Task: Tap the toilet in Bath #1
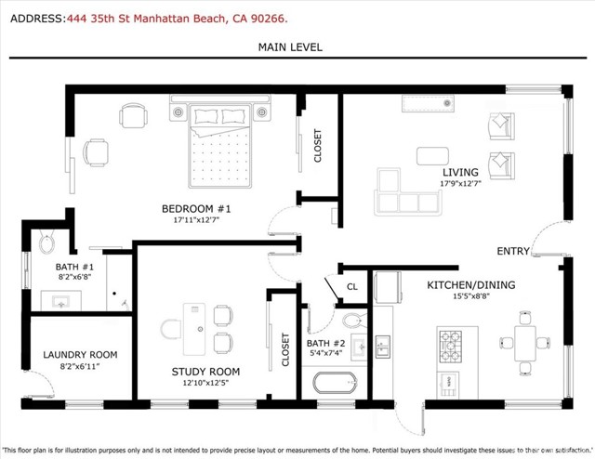pos(47,243)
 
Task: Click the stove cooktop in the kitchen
pos(451,346)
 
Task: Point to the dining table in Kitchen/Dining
pos(526,343)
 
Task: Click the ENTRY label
pos(513,252)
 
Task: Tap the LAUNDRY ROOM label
pos(80,354)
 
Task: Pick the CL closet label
pos(351,286)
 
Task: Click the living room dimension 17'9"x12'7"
pos(459,183)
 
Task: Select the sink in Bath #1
pos(63,302)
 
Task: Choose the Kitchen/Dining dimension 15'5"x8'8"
pos(469,297)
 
